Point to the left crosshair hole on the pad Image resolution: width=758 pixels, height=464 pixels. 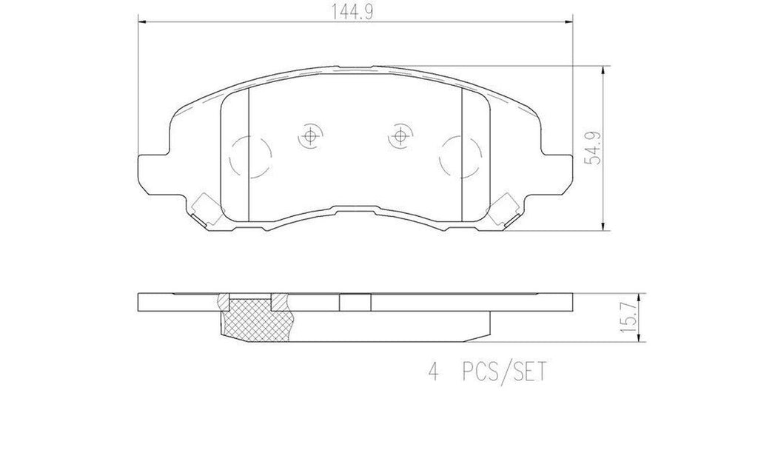[x=309, y=135]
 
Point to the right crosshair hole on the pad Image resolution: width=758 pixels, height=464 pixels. [x=400, y=135]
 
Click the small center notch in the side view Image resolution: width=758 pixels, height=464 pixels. [x=355, y=303]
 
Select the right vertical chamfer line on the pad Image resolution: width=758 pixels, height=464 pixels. [x=462, y=152]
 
